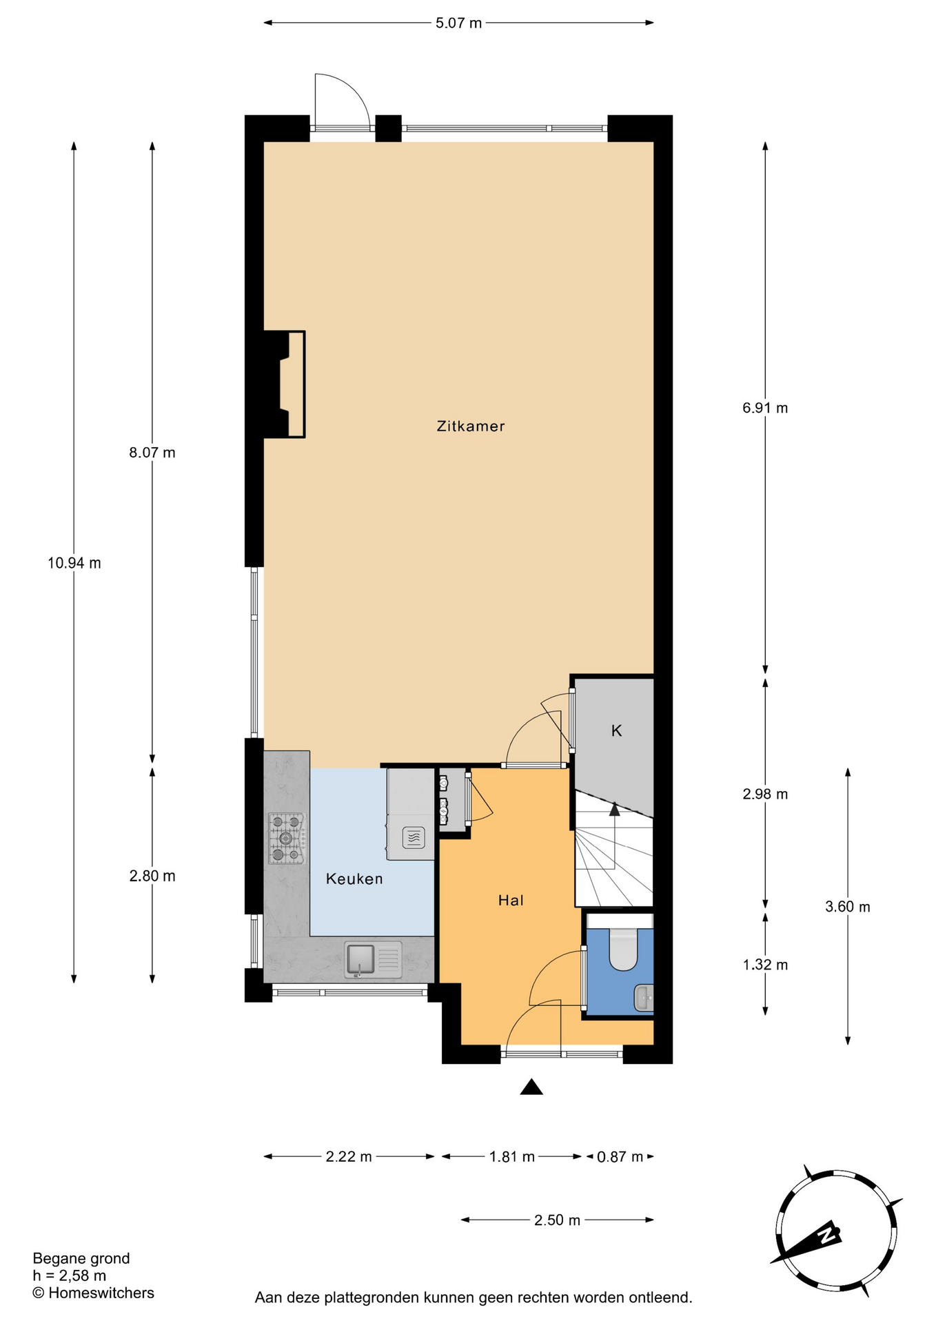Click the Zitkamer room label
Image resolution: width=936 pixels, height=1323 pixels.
point(471,426)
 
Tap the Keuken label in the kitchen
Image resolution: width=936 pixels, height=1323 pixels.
point(354,879)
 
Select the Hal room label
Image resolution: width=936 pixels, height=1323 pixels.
point(511,900)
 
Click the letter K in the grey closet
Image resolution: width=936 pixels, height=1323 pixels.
point(617,730)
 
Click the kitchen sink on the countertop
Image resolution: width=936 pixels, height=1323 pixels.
point(373,960)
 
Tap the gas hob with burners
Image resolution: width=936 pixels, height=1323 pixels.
point(286,839)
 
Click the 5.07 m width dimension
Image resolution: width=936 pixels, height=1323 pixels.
point(458,23)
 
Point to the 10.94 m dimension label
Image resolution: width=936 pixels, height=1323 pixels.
point(74,563)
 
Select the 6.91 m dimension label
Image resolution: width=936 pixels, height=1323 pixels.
point(765,408)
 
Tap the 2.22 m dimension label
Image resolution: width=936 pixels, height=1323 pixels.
point(349,1156)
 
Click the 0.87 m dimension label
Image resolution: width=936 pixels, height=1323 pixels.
point(620,1156)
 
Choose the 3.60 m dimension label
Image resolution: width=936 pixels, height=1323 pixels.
point(848,907)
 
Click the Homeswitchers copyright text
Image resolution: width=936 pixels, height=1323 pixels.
point(93,1293)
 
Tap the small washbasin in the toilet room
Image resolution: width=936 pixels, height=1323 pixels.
point(644,998)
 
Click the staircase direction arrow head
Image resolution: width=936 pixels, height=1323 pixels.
point(614,809)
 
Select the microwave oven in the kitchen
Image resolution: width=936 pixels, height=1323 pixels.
point(413,838)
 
